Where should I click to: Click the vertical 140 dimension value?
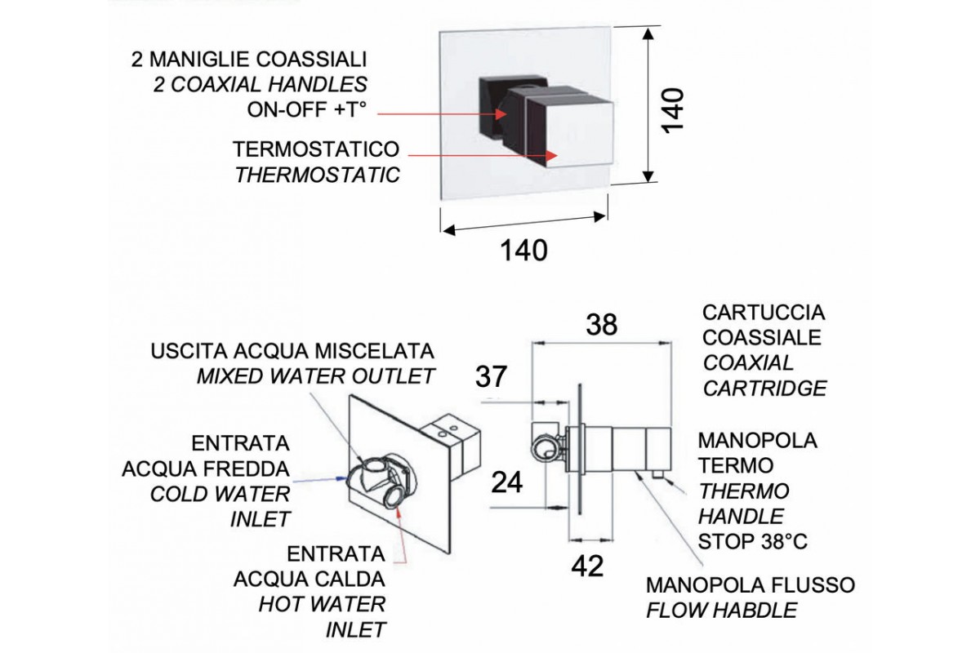click(672, 109)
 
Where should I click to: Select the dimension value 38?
click(602, 325)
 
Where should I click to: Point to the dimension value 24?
click(507, 482)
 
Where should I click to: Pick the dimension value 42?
click(586, 565)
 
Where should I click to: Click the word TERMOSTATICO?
click(316, 150)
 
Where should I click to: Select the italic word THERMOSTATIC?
click(317, 174)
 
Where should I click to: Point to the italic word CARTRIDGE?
click(764, 388)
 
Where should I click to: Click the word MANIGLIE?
click(193, 59)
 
